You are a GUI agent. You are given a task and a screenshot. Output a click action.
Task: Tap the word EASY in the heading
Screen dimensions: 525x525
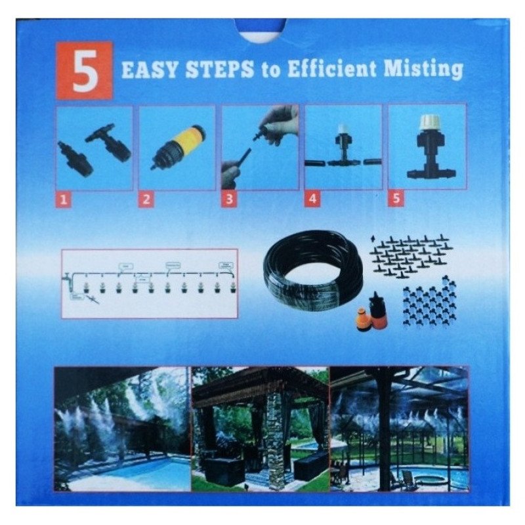148,70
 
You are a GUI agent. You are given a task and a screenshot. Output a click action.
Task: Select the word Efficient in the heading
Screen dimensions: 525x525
335,70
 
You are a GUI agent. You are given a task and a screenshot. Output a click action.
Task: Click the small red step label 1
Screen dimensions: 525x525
63,200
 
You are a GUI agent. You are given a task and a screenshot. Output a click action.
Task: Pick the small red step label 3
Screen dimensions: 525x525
228,200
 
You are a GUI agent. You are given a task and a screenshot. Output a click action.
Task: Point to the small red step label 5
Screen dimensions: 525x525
394,199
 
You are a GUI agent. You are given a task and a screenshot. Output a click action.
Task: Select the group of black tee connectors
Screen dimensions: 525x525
410,256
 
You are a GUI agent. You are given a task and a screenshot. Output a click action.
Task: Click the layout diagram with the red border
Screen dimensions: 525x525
150,283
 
